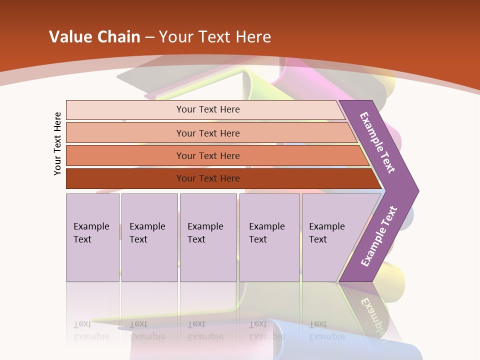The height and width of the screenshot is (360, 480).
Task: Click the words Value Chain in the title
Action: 94,37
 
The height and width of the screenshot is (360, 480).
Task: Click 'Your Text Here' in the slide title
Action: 215,37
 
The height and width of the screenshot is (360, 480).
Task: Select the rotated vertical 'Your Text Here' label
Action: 58,143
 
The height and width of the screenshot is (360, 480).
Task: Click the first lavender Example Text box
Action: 92,237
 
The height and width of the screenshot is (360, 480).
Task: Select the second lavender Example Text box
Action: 149,237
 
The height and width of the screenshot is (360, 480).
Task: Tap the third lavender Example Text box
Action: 208,237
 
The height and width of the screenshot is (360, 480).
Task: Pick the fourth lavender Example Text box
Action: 269,237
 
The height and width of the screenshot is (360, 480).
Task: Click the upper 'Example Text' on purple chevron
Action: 377,142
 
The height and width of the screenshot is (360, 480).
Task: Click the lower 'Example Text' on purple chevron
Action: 379,236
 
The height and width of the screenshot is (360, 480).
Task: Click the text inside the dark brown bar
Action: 208,178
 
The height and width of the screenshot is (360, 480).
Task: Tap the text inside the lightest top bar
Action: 208,109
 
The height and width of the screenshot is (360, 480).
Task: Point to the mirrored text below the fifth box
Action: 327,330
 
